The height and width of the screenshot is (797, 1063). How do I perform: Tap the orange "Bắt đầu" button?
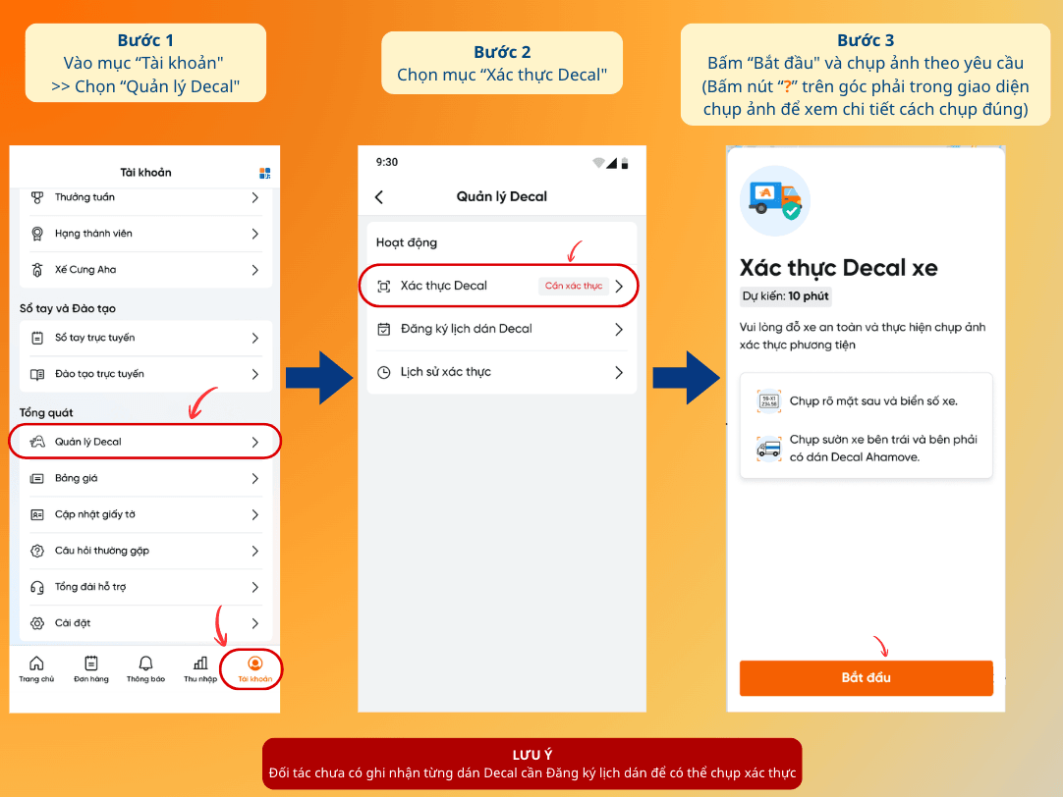(x=866, y=677)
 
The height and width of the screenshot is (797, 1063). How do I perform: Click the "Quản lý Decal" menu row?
(x=144, y=442)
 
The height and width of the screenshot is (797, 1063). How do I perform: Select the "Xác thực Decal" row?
(x=498, y=286)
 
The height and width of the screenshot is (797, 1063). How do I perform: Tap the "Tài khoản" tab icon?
(x=254, y=663)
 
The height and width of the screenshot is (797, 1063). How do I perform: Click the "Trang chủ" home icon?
(x=36, y=663)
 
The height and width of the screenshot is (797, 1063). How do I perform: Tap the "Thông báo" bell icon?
(x=145, y=663)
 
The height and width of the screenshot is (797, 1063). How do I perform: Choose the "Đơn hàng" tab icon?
(x=90, y=663)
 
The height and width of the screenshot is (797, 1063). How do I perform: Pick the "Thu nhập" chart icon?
(x=200, y=663)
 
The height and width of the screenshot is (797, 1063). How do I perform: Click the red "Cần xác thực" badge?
(x=574, y=286)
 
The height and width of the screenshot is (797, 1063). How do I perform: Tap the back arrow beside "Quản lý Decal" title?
(x=379, y=197)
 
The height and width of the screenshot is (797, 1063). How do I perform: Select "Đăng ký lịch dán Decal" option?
(x=501, y=329)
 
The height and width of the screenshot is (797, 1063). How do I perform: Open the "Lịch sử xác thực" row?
(x=501, y=372)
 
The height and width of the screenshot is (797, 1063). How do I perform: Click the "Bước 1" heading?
(x=145, y=40)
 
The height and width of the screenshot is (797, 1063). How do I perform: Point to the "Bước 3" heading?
(x=866, y=40)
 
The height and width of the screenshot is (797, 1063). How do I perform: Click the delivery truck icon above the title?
(x=775, y=200)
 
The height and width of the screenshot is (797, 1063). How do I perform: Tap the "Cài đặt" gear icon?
(x=37, y=623)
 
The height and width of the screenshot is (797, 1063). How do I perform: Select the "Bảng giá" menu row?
(x=144, y=478)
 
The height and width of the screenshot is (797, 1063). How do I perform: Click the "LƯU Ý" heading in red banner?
(x=532, y=755)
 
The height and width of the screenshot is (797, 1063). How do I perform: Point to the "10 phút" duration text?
(x=809, y=295)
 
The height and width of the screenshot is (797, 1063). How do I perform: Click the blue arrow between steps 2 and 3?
(x=686, y=377)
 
